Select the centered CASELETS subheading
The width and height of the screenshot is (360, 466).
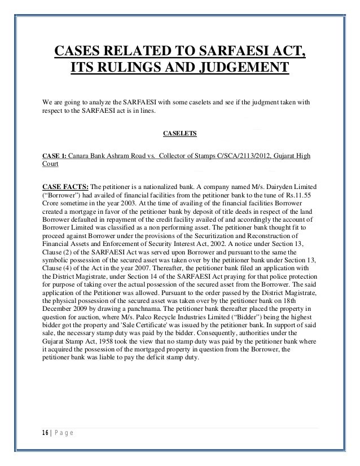[x=179, y=134]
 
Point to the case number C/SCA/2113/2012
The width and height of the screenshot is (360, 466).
[x=244, y=156]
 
